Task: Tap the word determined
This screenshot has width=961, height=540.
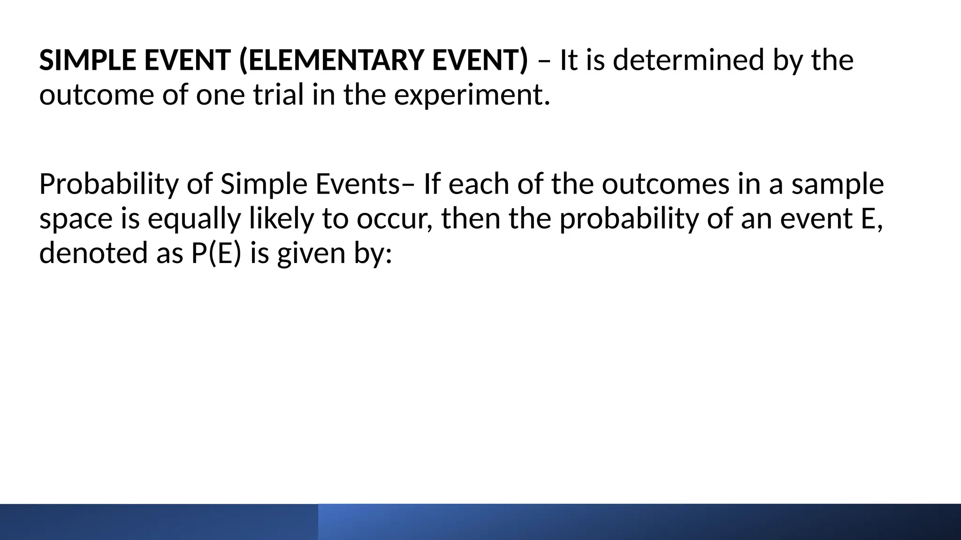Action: pyautogui.click(x=688, y=60)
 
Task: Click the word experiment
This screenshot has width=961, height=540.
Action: pyautogui.click(x=471, y=95)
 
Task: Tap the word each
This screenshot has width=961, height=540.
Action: pyautogui.click(x=479, y=184)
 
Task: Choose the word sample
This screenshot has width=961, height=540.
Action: pyautogui.click(x=838, y=184)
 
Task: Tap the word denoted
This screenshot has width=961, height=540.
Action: pyautogui.click(x=93, y=253)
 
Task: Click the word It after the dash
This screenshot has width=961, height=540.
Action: pyautogui.click(x=568, y=60)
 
